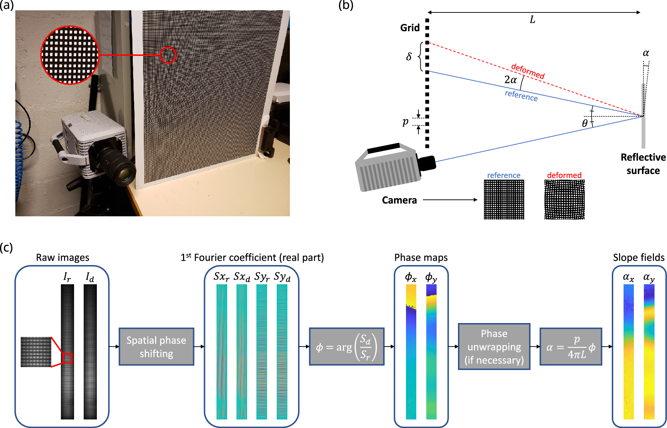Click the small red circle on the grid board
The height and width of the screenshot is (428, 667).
click(x=168, y=55)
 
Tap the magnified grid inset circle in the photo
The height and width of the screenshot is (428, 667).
click(x=70, y=55)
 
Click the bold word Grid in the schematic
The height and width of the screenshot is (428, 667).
click(x=410, y=28)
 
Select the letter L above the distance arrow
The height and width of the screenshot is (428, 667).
click(x=532, y=20)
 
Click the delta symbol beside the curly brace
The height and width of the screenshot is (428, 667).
click(x=409, y=57)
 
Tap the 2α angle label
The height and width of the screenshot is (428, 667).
click(x=510, y=80)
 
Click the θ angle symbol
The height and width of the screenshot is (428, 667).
click(x=585, y=123)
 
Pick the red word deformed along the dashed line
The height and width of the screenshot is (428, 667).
click(x=527, y=71)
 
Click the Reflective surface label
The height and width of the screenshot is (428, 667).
click(x=643, y=164)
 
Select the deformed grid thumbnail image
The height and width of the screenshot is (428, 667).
click(x=564, y=199)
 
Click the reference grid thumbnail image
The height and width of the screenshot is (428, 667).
click(x=504, y=199)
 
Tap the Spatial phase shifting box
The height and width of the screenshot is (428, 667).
click(x=156, y=347)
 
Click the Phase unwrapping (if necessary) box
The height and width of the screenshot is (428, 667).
click(x=494, y=347)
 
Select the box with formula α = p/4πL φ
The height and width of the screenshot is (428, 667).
click(x=571, y=347)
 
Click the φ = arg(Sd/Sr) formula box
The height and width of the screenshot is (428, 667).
click(x=346, y=347)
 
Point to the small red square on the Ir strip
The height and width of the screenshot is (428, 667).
click(x=67, y=358)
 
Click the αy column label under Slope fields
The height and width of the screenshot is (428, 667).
click(x=649, y=278)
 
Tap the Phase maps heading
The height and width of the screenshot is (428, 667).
click(x=421, y=258)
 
